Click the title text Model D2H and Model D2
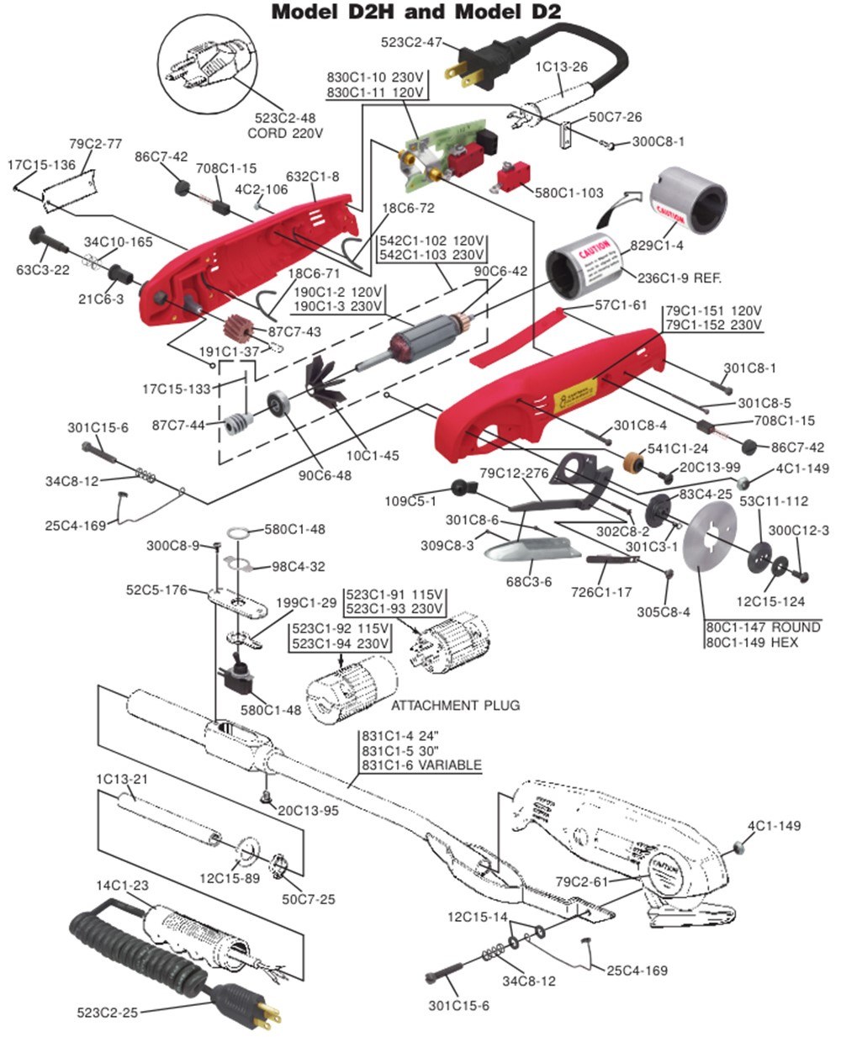click(416, 12)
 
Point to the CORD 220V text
click(286, 133)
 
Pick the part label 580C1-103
click(569, 193)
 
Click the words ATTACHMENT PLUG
click(455, 705)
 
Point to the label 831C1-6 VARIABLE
click(420, 765)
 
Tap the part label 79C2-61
click(583, 881)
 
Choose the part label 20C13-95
click(308, 811)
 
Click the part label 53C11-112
click(774, 501)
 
